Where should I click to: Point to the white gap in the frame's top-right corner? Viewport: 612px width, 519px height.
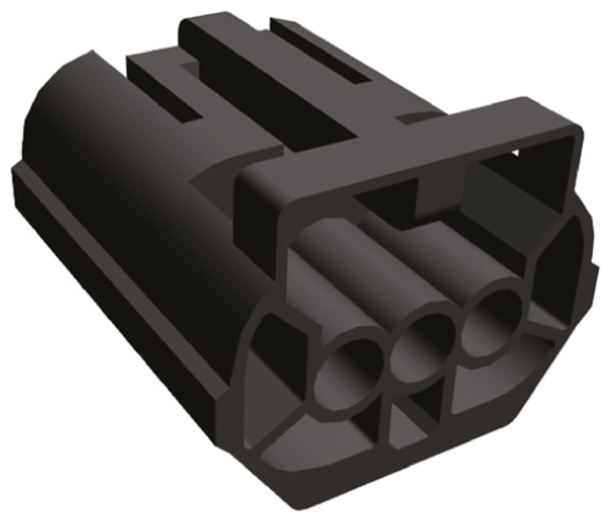516,154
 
